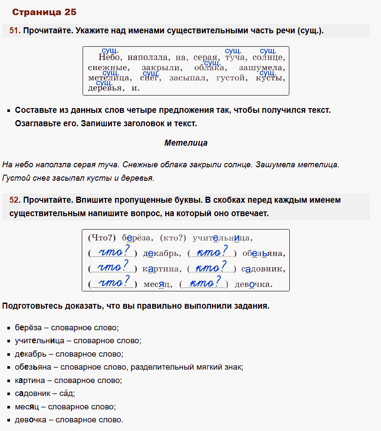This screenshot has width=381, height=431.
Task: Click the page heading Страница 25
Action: click(44, 12)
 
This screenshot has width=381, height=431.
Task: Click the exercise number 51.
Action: click(15, 31)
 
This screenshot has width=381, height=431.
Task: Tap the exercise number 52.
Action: click(15, 200)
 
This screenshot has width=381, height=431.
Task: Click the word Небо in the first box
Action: click(110, 57)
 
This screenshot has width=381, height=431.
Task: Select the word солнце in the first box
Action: click(268, 57)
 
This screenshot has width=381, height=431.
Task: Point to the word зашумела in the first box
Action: click(262, 68)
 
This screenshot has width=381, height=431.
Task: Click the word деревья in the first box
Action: click(105, 88)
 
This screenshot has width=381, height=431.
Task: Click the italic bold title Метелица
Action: click(186, 143)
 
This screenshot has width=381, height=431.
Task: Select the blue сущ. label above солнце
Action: click(268, 51)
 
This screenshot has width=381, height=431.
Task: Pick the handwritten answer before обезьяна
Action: click(211, 252)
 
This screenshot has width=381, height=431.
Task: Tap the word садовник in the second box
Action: click(263, 269)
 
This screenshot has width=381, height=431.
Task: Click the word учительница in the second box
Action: click(222, 238)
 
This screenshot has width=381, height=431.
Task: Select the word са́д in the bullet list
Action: click(68, 393)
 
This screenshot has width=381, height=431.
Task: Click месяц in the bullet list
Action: click(27, 407)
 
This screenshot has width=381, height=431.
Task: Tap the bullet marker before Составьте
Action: click(9, 111)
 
